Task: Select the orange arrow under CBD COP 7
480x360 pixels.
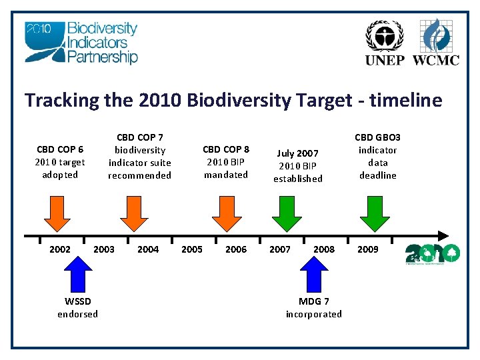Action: click(x=137, y=213)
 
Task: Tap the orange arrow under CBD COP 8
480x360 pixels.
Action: click(x=226, y=213)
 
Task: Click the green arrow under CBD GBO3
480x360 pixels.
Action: click(x=375, y=213)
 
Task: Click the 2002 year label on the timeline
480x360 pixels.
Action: click(x=60, y=249)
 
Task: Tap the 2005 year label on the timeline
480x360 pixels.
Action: click(x=192, y=249)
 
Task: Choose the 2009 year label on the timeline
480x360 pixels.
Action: click(x=367, y=249)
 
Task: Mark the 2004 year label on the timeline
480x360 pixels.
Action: click(x=148, y=249)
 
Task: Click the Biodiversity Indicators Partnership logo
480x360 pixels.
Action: click(x=81, y=43)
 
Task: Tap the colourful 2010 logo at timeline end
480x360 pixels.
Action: click(x=433, y=253)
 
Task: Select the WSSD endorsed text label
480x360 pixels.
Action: click(x=77, y=308)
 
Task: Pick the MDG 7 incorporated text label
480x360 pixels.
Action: click(x=313, y=308)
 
